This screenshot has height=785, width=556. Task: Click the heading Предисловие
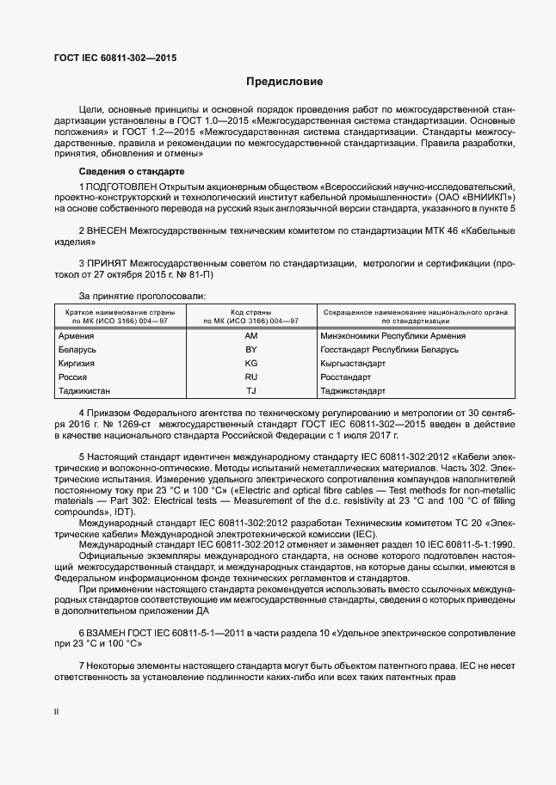point(284,83)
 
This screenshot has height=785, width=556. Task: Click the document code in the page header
point(115,58)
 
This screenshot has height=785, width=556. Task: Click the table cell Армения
point(75,336)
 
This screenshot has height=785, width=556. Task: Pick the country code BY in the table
point(251,350)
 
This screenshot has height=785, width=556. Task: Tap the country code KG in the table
point(251,364)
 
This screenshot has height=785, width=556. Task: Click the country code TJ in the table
point(251,390)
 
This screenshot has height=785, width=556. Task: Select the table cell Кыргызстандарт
point(352,364)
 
